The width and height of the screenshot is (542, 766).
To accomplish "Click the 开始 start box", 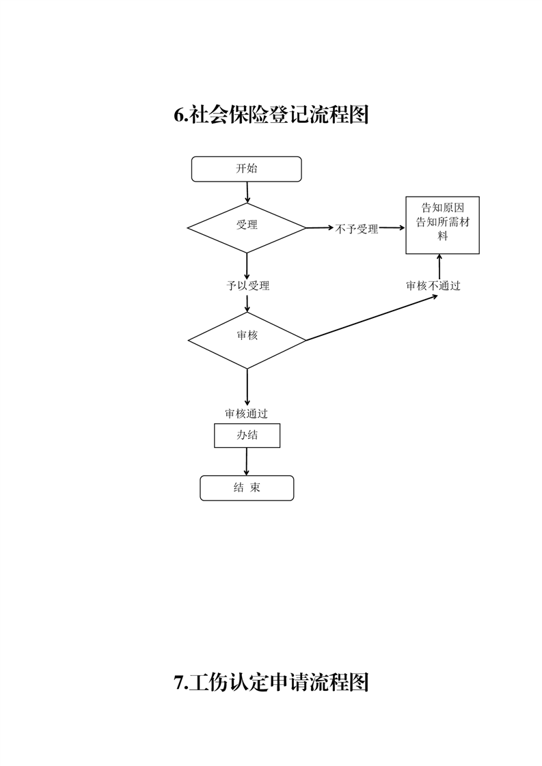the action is [x=246, y=169].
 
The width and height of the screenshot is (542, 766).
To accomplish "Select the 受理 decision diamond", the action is [x=247, y=228].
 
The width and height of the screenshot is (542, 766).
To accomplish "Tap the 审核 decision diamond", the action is [x=247, y=341].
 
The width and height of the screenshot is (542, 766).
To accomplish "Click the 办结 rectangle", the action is [x=247, y=436].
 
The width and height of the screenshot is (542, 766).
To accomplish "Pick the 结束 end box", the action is [x=247, y=488].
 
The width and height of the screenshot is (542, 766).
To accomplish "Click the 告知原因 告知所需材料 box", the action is [x=443, y=225].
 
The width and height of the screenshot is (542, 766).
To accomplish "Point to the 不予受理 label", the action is [x=357, y=229].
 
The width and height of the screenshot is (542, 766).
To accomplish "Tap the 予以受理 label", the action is [x=247, y=286].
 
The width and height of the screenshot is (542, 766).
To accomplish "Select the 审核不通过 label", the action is [x=433, y=286].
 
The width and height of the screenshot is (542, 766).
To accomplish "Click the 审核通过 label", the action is [x=247, y=414].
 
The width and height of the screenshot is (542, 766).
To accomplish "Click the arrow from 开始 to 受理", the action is [x=247, y=193].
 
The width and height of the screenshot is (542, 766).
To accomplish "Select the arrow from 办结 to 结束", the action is [x=247, y=462].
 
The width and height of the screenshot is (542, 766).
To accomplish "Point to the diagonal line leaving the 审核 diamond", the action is [x=372, y=317].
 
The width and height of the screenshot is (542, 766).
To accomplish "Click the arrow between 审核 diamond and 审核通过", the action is [x=247, y=387].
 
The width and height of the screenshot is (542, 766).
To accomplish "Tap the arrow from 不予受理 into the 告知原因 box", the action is [x=392, y=227].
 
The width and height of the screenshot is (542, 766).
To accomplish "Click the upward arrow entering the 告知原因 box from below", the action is [x=439, y=267].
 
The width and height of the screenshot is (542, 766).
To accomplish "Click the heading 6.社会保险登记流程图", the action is [x=271, y=115].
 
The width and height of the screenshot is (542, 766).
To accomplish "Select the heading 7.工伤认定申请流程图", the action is [x=271, y=682].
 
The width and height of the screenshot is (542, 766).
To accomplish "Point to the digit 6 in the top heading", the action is [x=179, y=115].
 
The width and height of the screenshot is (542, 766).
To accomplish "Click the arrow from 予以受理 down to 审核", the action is [x=247, y=302].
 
